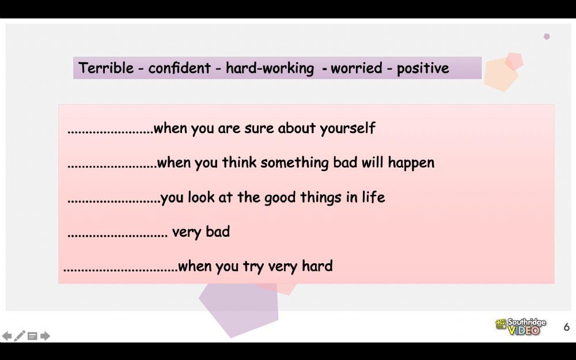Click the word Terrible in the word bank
pos(105,68)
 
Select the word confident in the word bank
pos(179,69)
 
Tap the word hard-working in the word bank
pos(270,69)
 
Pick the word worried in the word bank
pos(357,69)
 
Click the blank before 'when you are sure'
pos(110,131)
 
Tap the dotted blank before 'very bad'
pos(118,234)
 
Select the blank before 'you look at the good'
pos(113,200)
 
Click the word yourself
pos(347,128)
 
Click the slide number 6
pos(566,327)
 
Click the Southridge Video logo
pos(520,327)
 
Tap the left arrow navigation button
pos(7,336)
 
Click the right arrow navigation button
pos(45,336)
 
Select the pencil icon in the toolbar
pos(20,336)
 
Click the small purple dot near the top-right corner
pos(547,36)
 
